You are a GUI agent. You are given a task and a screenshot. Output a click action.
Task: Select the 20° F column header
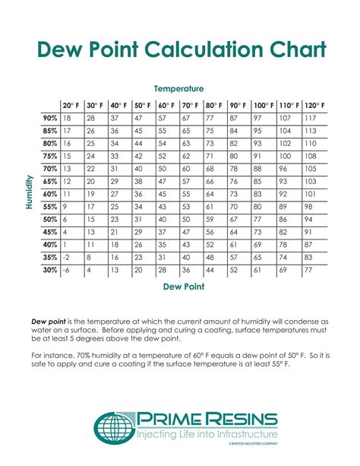(71, 105)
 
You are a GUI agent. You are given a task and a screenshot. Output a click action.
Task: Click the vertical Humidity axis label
(29, 193)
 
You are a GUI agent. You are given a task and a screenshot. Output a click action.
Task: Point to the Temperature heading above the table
(178, 89)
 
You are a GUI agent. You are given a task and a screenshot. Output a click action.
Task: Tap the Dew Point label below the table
(180, 287)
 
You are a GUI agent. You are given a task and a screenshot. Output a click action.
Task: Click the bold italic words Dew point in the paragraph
(47, 322)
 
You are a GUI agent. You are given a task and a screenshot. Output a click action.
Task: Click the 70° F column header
(190, 105)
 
